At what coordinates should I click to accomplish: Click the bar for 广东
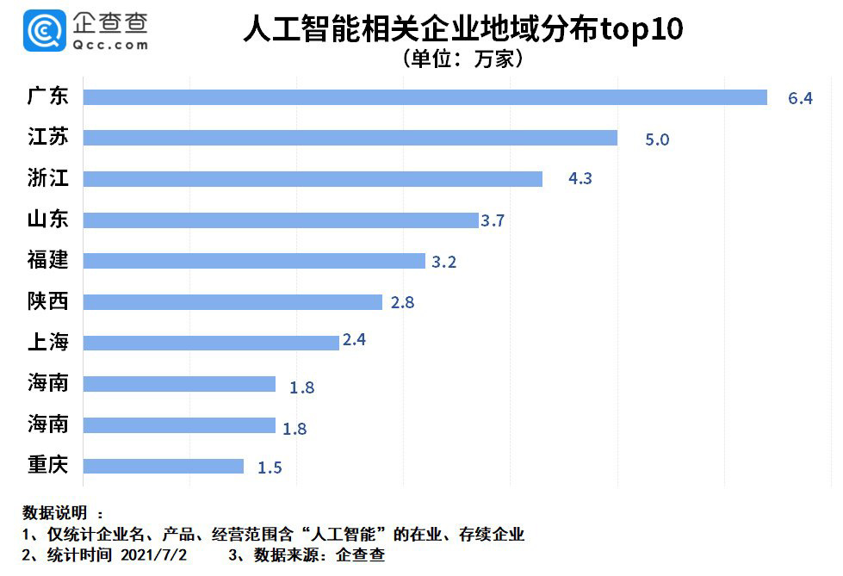(x=425, y=97)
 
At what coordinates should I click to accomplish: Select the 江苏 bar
(x=350, y=138)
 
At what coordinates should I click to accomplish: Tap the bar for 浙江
(x=313, y=179)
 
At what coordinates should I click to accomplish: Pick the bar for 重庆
(x=163, y=466)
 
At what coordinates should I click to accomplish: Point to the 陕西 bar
(x=232, y=302)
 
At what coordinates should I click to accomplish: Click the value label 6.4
(x=800, y=98)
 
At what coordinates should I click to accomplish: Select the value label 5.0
(x=657, y=139)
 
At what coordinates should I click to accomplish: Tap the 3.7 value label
(x=493, y=221)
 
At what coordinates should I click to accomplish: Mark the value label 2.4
(x=354, y=340)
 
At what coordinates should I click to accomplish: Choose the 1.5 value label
(x=270, y=468)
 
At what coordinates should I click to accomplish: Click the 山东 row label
(x=48, y=220)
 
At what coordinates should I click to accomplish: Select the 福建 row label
(x=48, y=260)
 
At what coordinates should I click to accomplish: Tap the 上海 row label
(x=48, y=342)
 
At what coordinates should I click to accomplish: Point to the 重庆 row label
(x=48, y=465)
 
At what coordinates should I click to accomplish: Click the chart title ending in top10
(x=462, y=29)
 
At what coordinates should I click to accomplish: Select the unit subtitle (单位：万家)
(x=462, y=59)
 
